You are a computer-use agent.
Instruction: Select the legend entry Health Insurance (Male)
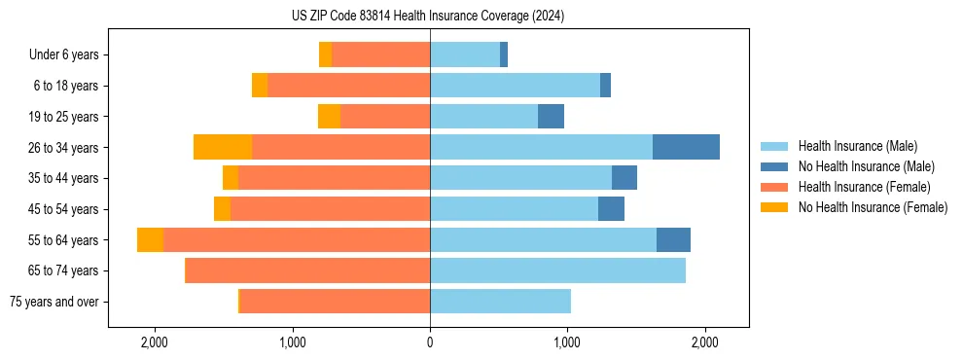point(857,146)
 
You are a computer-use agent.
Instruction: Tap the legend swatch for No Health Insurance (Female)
point(775,207)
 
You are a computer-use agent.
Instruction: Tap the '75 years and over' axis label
point(54,302)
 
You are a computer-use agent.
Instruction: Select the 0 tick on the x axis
point(430,342)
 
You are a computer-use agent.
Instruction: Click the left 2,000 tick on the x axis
point(155,342)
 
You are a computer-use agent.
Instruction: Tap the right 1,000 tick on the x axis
point(567,342)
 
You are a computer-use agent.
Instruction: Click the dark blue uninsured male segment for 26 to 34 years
point(686,147)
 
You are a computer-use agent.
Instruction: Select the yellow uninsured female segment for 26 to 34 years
point(223,147)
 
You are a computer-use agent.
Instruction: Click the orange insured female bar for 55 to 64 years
point(297,240)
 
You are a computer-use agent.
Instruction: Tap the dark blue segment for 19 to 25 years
point(551,117)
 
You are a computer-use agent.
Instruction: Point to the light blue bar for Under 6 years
point(465,55)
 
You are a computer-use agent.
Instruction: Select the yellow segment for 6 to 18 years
point(260,86)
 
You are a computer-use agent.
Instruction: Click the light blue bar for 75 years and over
point(500,302)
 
